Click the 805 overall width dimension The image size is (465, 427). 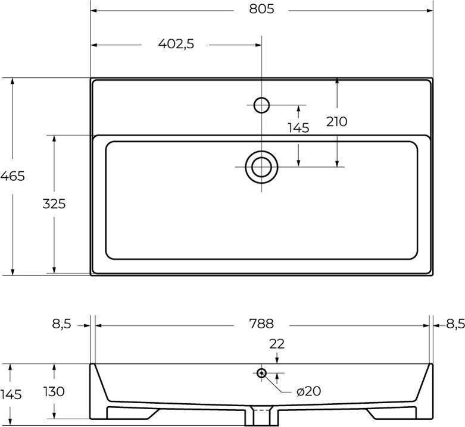tap(261, 9)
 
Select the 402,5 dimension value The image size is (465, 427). tap(176, 44)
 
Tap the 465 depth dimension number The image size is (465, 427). tap(13, 176)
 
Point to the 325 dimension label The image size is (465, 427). tap(54, 204)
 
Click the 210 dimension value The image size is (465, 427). tap(336, 122)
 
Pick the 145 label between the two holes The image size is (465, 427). tap(298, 128)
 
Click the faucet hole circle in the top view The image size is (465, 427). tap(261, 105)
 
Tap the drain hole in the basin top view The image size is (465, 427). tap(261, 167)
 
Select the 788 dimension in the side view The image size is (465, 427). tap(261, 324)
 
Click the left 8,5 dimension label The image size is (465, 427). tap(62, 324)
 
